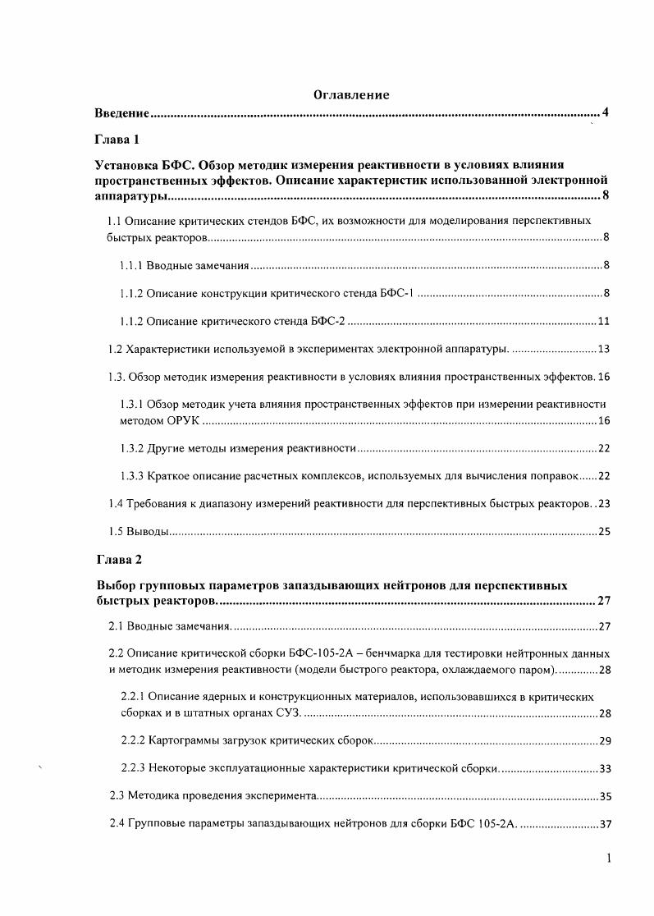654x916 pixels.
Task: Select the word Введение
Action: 121,112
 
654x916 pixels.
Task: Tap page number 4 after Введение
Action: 605,112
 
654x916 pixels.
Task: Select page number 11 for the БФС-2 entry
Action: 603,321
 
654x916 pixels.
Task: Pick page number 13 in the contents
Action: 603,350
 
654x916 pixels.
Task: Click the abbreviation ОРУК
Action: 179,421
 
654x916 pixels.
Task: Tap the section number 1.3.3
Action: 133,476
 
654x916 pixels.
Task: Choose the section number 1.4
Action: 117,503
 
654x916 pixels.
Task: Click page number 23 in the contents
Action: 604,503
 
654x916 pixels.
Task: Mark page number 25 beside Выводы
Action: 604,532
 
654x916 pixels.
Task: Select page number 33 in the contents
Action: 605,769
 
